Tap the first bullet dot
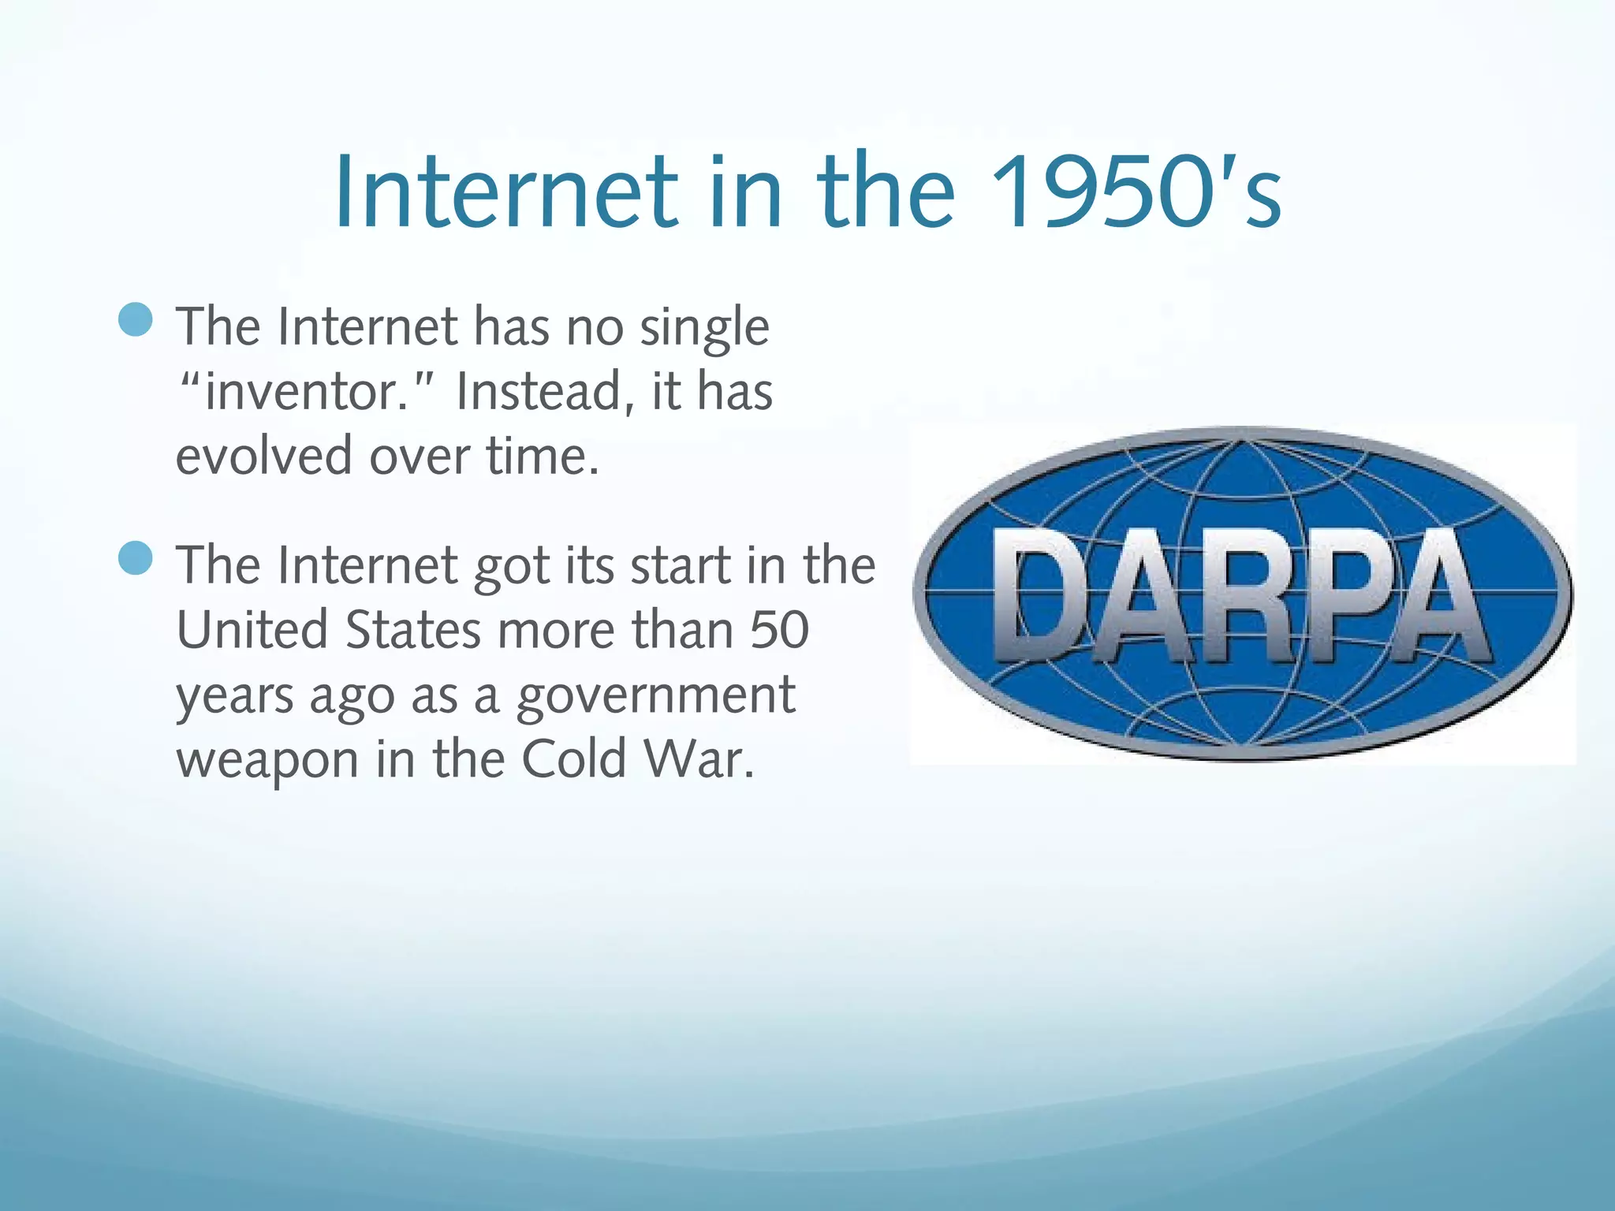coord(136,320)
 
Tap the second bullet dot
coord(136,558)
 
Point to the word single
coord(703,327)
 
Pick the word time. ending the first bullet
coord(543,456)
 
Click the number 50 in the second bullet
coord(779,630)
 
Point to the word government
coord(655,696)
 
